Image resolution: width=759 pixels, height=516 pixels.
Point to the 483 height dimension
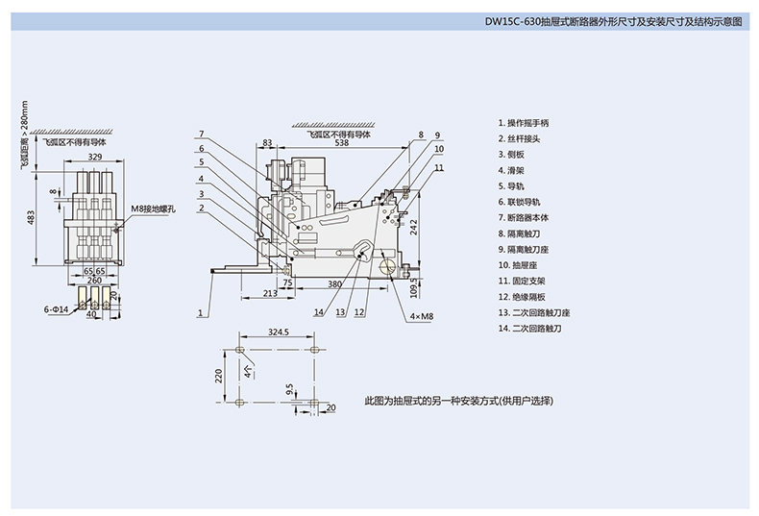29,220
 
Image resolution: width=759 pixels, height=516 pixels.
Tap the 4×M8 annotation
423,315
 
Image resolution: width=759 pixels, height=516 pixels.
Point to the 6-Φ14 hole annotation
58,309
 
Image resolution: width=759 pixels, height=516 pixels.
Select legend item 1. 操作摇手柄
525,124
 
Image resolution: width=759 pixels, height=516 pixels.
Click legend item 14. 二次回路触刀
528,329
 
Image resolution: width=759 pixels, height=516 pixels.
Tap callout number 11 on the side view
438,167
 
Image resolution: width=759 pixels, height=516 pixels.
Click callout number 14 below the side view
318,312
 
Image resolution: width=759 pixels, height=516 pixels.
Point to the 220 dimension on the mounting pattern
219,374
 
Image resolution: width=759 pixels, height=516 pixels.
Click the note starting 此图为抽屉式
459,400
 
